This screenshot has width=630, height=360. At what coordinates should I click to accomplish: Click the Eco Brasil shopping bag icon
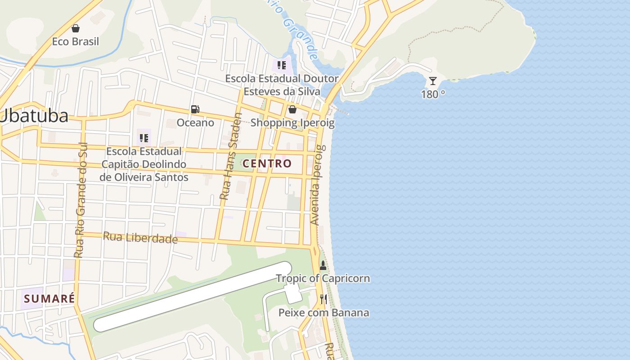tap(76, 28)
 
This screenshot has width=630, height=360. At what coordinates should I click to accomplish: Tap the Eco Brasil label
tap(76, 41)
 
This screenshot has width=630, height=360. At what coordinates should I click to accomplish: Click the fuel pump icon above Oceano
tap(195, 109)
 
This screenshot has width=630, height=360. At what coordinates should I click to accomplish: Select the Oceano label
tap(195, 122)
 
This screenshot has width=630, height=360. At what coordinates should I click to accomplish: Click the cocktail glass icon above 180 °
tap(433, 81)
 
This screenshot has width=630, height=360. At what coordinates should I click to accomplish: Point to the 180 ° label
tap(433, 94)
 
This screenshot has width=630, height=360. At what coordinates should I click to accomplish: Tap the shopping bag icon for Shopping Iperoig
tap(292, 109)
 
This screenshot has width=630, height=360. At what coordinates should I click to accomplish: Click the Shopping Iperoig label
tap(292, 122)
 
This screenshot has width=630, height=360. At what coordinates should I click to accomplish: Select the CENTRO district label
tap(267, 163)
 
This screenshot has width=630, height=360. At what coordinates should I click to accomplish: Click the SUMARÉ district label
tap(49, 298)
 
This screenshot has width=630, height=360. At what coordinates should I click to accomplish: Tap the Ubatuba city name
tap(34, 116)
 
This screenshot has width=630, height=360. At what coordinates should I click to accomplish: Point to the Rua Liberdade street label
tap(140, 237)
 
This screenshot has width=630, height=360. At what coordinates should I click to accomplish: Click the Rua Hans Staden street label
tap(231, 156)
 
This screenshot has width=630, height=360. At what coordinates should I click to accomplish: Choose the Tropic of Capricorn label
tap(323, 278)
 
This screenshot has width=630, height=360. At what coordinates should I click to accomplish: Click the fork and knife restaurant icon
tap(323, 299)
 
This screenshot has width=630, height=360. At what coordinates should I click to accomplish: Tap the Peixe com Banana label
tap(324, 312)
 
